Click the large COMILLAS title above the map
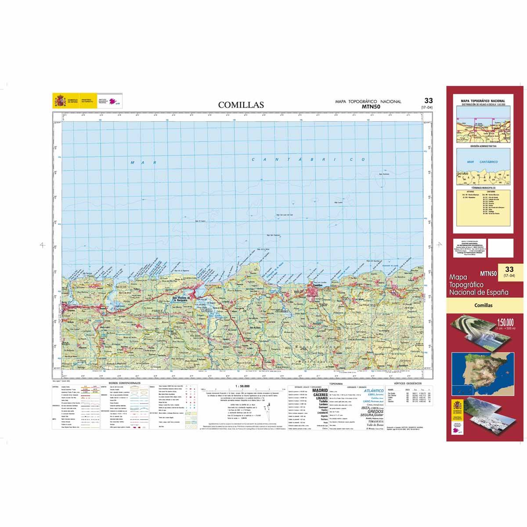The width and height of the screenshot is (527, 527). (x=241, y=105)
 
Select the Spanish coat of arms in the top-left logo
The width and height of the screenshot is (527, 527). (x=59, y=101)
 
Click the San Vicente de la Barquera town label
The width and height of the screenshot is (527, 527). (x=183, y=299)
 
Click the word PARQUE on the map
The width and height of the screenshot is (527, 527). (x=156, y=310)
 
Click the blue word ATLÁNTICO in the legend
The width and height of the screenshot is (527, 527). (x=373, y=390)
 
